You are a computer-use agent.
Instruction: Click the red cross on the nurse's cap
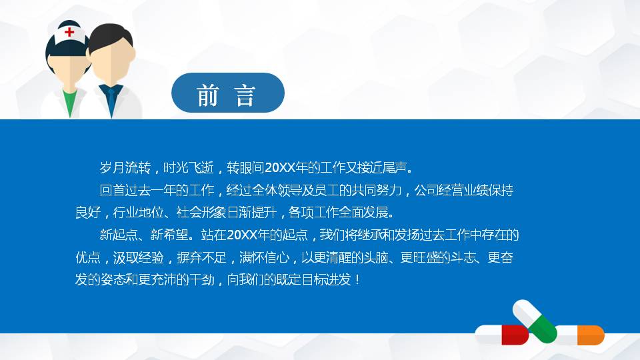(69, 31)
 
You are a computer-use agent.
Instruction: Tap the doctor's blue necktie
(112, 98)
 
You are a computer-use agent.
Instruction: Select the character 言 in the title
(246, 96)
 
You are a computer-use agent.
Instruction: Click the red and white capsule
(501, 334)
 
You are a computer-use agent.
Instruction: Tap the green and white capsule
(535, 319)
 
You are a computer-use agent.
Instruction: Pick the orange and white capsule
(580, 335)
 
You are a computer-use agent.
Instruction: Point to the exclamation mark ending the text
(359, 279)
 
